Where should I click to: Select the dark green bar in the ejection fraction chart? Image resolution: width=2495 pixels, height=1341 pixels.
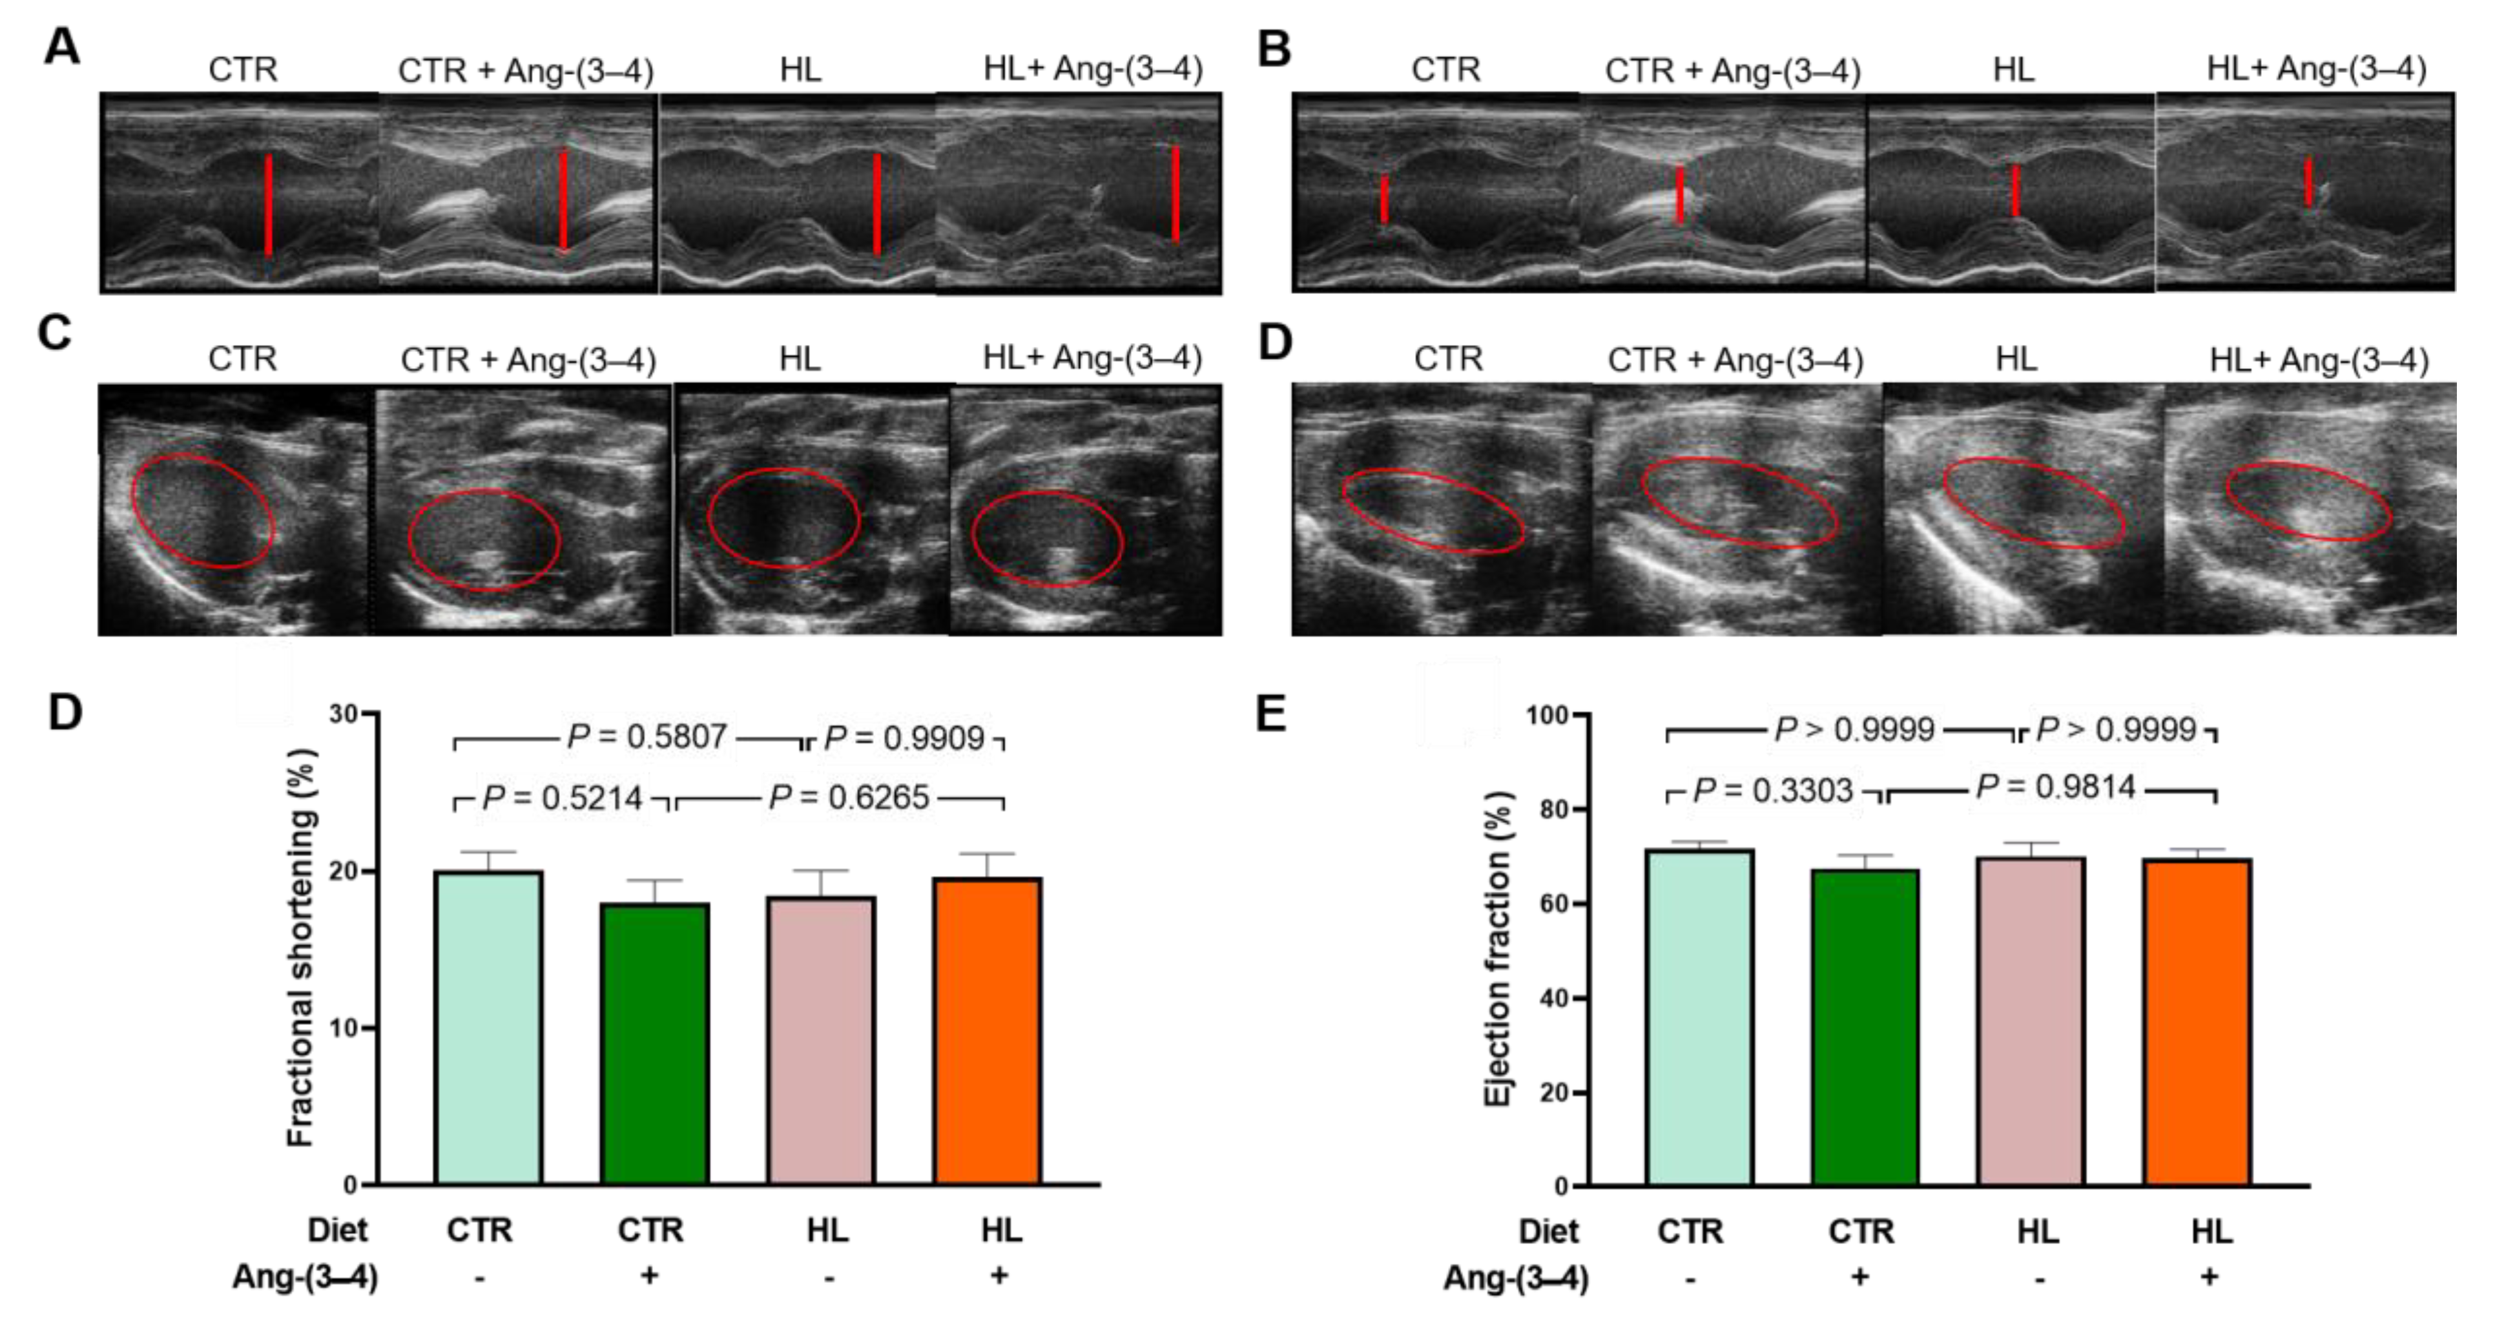click(1865, 1027)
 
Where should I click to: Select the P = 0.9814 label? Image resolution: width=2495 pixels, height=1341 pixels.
click(2055, 788)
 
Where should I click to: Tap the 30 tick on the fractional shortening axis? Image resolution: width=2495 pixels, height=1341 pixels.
click(343, 714)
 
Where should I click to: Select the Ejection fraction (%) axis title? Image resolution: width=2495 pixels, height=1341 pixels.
click(1498, 950)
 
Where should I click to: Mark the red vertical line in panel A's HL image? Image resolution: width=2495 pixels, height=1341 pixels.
click(876, 204)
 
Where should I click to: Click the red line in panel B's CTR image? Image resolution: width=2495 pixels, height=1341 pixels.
click(1384, 200)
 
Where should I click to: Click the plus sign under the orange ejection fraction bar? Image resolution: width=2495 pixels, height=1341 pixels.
click(2210, 1277)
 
